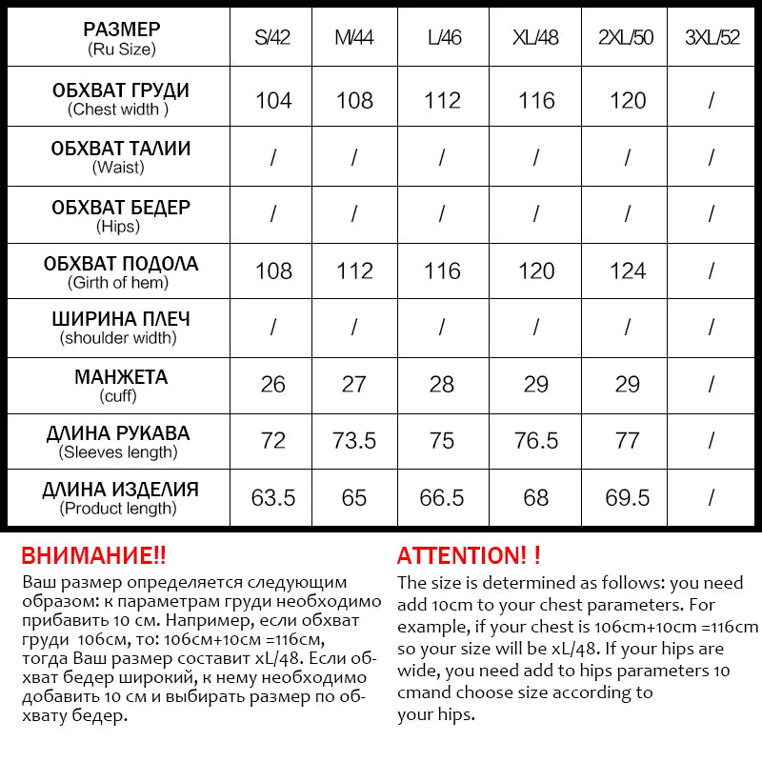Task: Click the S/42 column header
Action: click(x=272, y=38)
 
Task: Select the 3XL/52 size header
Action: click(x=712, y=38)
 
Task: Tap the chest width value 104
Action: click(x=273, y=100)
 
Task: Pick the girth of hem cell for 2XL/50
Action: click(x=628, y=271)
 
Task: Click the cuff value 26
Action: click(x=273, y=385)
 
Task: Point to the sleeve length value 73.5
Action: click(x=354, y=441)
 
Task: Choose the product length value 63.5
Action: click(x=273, y=498)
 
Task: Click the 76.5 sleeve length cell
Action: click(x=536, y=441)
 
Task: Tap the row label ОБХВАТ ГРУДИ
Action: click(x=120, y=90)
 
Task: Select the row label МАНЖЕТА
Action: click(x=120, y=376)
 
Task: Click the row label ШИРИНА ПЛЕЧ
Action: click(x=120, y=319)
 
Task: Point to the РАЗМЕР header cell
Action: click(x=120, y=30)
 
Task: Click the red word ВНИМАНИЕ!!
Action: click(x=93, y=555)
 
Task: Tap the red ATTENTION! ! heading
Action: click(x=469, y=555)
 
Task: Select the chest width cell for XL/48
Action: click(x=536, y=100)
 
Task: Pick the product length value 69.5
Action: click(x=628, y=498)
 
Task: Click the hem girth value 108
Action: click(x=273, y=271)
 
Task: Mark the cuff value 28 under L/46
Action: click(x=443, y=385)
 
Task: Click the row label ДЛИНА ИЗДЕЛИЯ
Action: click(x=120, y=491)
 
